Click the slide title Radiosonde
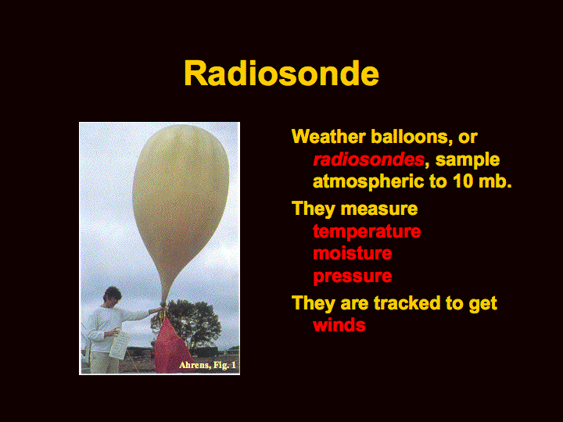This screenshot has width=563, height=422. (x=281, y=73)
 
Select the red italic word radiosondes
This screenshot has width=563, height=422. (x=369, y=159)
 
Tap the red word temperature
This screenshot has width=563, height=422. (x=367, y=232)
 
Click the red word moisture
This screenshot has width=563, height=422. (x=352, y=253)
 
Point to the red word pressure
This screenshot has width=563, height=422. (x=352, y=277)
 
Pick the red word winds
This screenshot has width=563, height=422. (x=339, y=325)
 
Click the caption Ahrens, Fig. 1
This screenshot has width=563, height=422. (x=207, y=365)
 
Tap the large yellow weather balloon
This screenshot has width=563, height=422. (x=181, y=201)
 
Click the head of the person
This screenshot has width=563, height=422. (x=113, y=295)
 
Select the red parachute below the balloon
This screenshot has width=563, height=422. (x=171, y=346)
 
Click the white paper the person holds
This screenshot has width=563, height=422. (x=119, y=345)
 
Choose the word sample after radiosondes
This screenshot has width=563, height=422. (x=468, y=160)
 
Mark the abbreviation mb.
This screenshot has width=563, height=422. (x=495, y=181)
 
